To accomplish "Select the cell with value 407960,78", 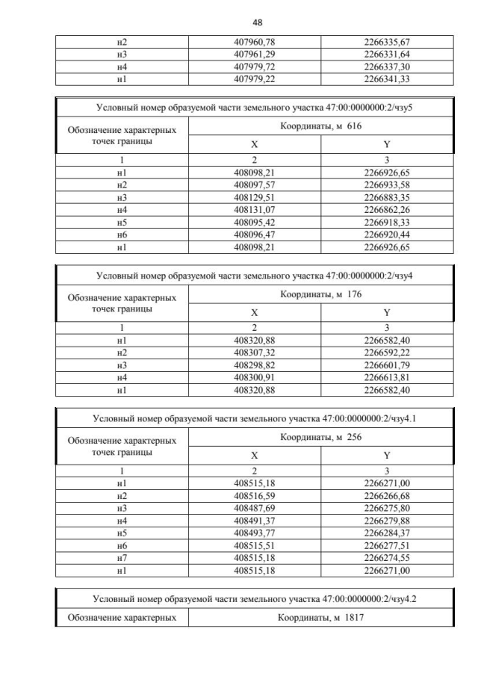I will (x=254, y=43).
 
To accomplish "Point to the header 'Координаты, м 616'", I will (x=320, y=126).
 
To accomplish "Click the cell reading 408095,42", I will (x=254, y=223).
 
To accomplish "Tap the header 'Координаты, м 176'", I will (x=320, y=294).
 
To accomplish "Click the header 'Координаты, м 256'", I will (x=320, y=438).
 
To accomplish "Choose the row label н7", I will (x=121, y=559).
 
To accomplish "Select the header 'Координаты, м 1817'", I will (x=320, y=618).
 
